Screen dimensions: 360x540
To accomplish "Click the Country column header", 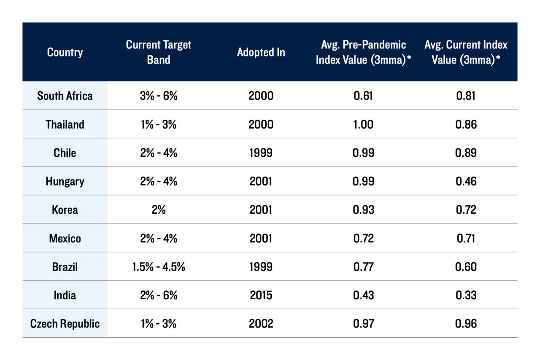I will (65, 52).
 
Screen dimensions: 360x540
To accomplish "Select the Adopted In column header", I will (261, 52).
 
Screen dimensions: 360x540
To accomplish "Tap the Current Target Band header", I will (159, 52).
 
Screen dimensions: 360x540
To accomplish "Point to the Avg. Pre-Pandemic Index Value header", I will (363, 52).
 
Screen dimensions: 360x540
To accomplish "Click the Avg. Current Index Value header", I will (466, 52).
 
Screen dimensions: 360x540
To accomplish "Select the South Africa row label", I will (65, 96).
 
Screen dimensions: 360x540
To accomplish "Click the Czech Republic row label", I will (65, 324).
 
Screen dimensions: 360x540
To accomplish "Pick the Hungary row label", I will (65, 181).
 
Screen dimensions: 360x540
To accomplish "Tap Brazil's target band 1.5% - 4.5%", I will (159, 267).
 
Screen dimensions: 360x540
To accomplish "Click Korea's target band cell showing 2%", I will (159, 210).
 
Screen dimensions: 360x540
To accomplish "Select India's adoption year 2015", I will (261, 295).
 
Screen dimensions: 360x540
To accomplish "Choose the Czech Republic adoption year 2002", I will (261, 324).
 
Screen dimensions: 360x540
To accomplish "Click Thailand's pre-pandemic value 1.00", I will (363, 124).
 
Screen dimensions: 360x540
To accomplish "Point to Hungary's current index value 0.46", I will (466, 181).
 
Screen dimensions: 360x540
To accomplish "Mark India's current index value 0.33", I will (466, 295).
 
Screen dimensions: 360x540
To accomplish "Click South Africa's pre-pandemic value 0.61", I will (363, 96).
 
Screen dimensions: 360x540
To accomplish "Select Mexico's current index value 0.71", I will (466, 239).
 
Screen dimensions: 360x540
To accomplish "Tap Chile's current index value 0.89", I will (466, 153).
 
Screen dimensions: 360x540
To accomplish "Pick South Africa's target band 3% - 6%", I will (159, 96).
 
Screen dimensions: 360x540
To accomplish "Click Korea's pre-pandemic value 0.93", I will (363, 210).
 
